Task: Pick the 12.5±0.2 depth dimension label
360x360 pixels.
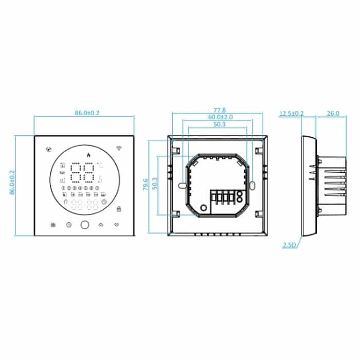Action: (291, 114)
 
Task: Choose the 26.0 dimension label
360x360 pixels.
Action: (333, 114)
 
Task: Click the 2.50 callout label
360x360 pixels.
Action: (289, 245)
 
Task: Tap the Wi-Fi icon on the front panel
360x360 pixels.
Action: (119, 149)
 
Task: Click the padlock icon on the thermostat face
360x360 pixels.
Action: (119, 209)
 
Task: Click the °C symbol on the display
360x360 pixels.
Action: (100, 165)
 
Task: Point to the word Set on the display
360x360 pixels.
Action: (62, 173)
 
